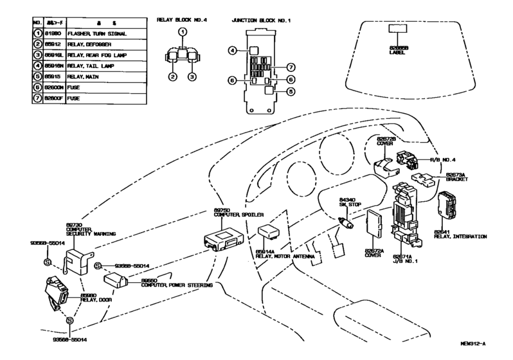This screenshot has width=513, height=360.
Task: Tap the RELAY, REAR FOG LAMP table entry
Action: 96,55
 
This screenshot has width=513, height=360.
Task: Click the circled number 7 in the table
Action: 37,99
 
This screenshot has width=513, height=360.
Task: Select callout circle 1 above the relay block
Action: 183,32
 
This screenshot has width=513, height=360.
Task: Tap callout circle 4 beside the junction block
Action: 233,50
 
